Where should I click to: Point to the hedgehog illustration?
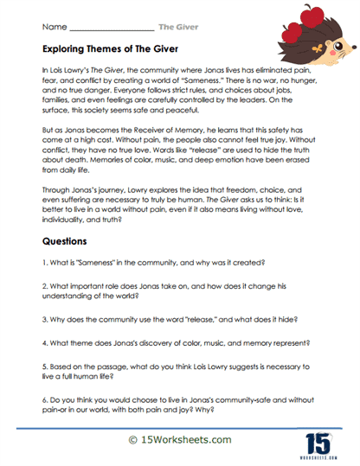pyautogui.click(x=320, y=31)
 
